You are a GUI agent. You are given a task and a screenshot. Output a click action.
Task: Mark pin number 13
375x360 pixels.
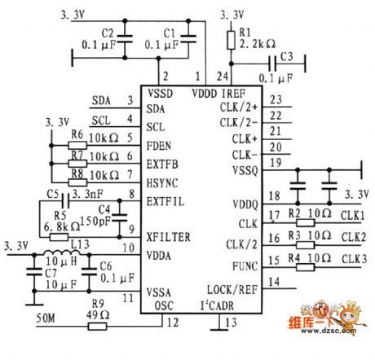point(234,322)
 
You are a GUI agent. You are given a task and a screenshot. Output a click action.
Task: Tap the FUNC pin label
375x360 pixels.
point(243,266)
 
